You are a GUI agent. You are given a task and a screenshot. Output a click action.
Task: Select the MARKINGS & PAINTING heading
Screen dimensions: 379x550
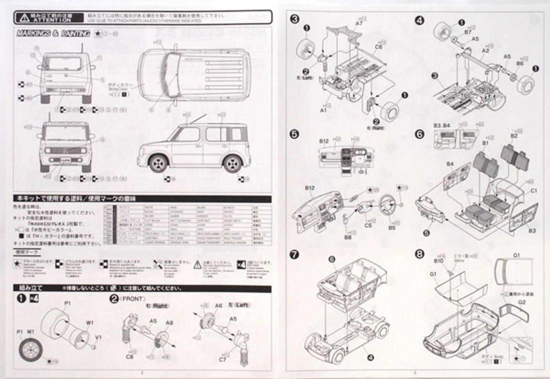53,34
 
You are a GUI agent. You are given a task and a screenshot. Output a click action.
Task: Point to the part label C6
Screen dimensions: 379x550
378,46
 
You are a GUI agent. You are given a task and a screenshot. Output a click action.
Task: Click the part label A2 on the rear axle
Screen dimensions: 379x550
486,50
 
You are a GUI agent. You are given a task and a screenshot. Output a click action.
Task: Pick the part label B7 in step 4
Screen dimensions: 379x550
468,32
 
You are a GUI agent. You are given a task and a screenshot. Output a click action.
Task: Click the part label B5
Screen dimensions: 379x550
391,228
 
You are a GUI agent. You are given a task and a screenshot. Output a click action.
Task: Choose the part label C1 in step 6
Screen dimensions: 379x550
534,191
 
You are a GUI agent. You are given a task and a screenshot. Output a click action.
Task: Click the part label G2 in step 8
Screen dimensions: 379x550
521,302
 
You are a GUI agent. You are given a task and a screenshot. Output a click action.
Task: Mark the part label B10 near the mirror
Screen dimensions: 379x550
438,261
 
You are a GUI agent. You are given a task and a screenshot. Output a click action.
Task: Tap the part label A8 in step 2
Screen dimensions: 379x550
169,323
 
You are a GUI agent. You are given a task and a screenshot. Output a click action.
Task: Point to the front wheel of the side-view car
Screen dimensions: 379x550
158,163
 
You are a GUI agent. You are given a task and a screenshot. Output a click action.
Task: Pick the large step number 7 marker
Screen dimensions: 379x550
294,254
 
